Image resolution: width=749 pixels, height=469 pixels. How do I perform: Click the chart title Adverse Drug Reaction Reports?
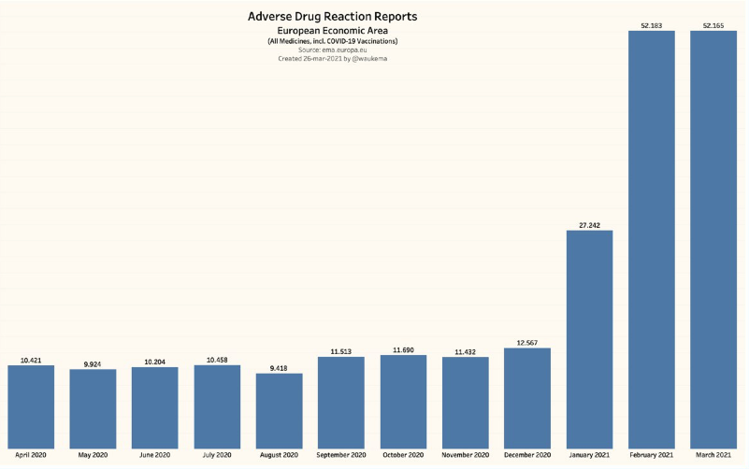[x=332, y=17]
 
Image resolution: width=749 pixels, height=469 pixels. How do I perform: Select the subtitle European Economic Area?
[x=332, y=32]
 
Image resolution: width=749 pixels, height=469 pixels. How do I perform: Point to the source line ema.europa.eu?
[x=332, y=50]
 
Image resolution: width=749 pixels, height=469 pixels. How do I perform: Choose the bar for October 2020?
[x=403, y=402]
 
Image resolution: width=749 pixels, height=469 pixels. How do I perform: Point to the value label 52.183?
[x=652, y=25]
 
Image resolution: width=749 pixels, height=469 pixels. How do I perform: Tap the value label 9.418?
[x=280, y=368]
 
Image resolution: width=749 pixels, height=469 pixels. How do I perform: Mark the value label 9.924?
[x=93, y=363]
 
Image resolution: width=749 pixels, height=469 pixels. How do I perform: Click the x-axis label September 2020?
[x=341, y=455]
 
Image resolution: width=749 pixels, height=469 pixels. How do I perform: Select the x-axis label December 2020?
[x=527, y=455]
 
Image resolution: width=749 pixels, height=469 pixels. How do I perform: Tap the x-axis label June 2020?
[x=155, y=455]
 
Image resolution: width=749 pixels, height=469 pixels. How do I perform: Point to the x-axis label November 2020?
[x=466, y=455]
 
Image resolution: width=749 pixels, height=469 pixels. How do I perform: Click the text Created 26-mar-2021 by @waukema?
[x=332, y=58]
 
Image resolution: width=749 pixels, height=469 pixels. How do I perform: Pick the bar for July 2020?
[x=217, y=406]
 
